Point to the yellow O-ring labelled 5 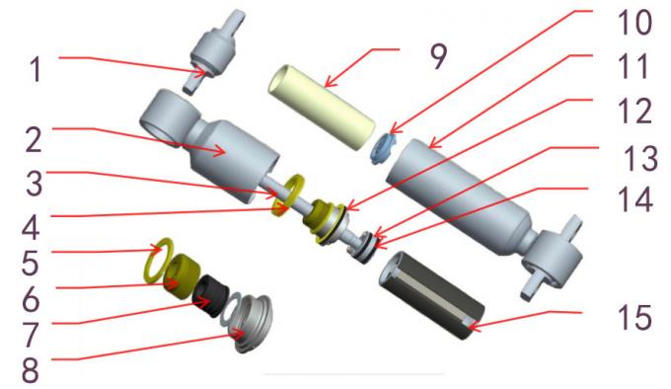160,256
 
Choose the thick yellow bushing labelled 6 183,272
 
